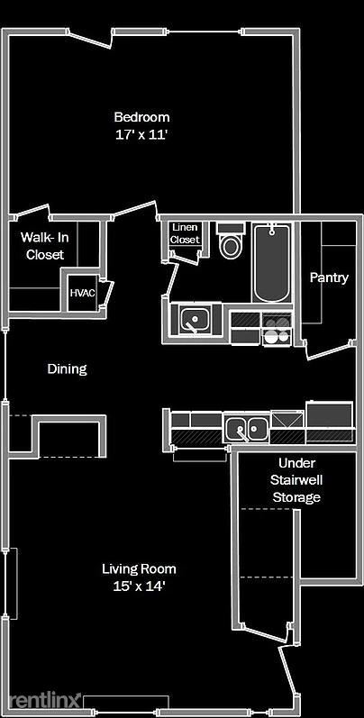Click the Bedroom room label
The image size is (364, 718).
141,117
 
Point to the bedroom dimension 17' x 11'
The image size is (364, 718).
141,134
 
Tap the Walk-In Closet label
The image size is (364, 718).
44,246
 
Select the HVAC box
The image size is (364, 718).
83,294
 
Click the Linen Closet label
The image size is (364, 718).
185,234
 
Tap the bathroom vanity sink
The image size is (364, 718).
193,318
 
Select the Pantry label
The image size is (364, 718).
328,277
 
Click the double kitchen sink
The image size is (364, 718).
245,429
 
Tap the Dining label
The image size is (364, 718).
67,368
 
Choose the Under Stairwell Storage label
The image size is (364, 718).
296,479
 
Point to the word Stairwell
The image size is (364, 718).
296,479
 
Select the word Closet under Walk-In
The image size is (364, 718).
44,255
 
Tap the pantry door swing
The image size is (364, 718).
324,350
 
